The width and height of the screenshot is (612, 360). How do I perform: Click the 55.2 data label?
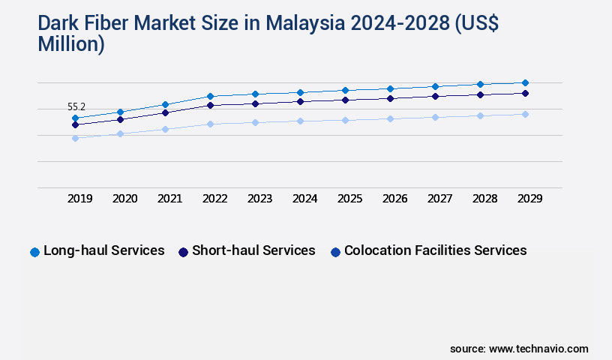coord(76,107)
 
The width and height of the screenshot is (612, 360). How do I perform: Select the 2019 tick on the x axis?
coord(79,199)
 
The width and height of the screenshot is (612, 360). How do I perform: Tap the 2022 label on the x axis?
coord(214,199)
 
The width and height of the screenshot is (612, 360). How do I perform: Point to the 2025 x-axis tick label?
coord(349,199)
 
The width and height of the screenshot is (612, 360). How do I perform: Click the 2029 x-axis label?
coord(529,199)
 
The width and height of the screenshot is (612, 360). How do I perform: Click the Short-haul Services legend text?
coord(253,250)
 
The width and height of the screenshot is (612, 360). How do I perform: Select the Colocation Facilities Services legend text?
coord(435,250)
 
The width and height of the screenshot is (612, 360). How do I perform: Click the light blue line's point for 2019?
coord(75,138)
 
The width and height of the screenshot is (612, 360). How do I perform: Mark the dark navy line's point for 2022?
coord(210,105)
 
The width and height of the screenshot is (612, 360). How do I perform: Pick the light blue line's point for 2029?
coord(525,114)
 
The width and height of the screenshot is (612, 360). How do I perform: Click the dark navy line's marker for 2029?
coord(525,93)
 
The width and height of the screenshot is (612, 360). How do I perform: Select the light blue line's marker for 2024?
coord(300,121)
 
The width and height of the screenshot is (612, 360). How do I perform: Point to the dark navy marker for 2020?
coord(120,119)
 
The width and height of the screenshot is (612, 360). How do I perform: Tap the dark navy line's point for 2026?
coord(390,98)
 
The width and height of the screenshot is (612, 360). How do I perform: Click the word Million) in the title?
coord(70,44)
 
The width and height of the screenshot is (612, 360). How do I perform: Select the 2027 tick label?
coord(439,199)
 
